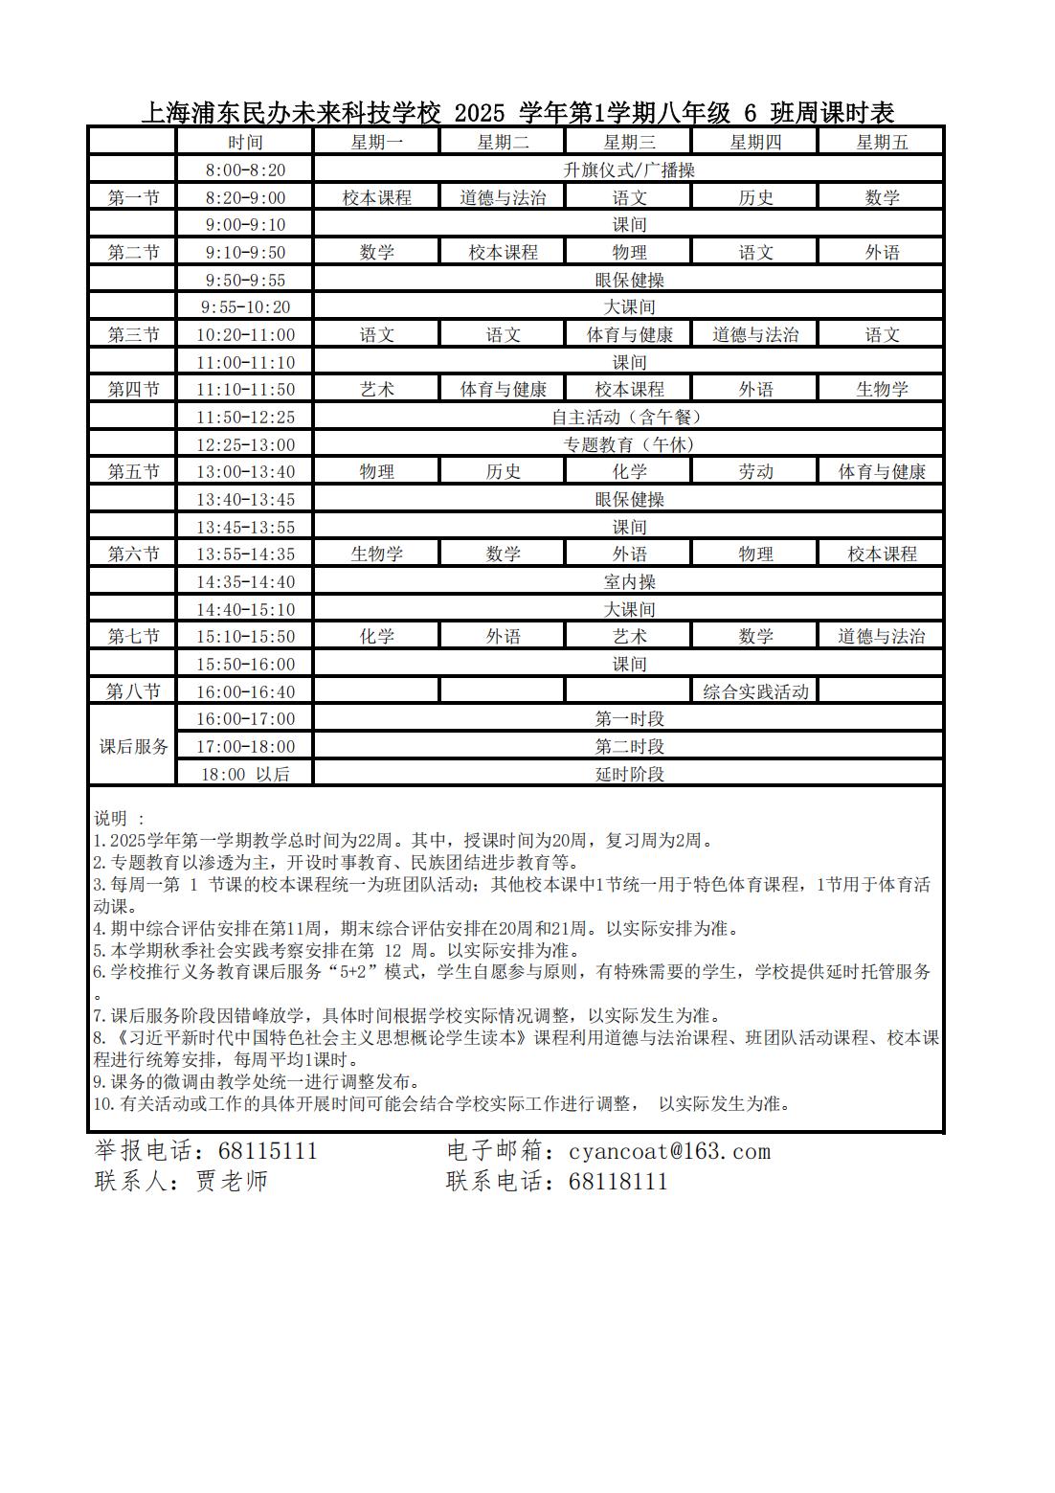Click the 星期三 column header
(629, 143)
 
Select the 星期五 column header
(881, 143)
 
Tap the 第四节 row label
(133, 390)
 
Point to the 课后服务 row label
(133, 746)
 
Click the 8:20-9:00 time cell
(245, 198)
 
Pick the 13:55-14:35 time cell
(245, 554)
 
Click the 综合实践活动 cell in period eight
(755, 691)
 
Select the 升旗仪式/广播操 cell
(629, 170)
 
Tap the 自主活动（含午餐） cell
(629, 418)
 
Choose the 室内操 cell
(629, 582)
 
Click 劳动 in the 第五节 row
(755, 472)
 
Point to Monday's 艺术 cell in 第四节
(376, 390)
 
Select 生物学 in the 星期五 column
(881, 390)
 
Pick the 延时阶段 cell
(629, 774)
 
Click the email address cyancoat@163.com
(669, 1151)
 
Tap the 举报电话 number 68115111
(267, 1151)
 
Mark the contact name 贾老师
(232, 1181)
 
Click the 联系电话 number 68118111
(617, 1181)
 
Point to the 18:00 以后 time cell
(245, 774)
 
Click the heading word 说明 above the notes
(111, 819)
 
